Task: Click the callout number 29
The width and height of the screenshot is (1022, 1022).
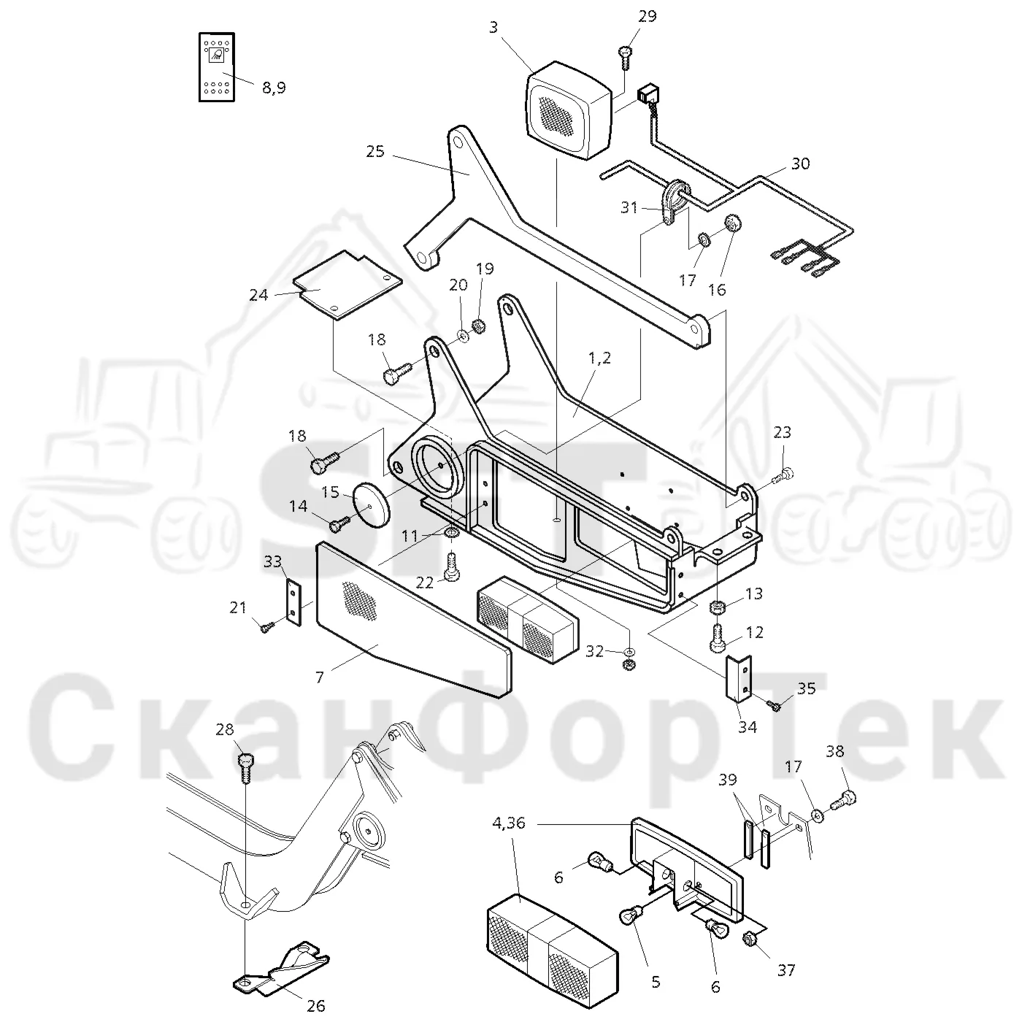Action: click(647, 17)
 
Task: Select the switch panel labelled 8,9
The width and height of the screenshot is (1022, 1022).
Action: click(216, 67)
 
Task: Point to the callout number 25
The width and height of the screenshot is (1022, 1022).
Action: click(375, 152)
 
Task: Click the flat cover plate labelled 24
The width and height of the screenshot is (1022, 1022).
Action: click(347, 285)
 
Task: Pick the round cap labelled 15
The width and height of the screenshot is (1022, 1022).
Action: click(371, 502)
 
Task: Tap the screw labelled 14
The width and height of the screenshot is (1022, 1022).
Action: click(339, 524)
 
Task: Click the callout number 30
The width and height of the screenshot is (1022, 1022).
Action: click(800, 164)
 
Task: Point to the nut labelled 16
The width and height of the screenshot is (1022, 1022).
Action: click(732, 223)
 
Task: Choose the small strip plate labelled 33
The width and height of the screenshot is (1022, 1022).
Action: click(293, 603)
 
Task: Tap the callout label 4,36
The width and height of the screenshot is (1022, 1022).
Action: click(509, 823)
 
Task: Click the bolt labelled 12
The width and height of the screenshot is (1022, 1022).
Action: click(717, 637)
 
